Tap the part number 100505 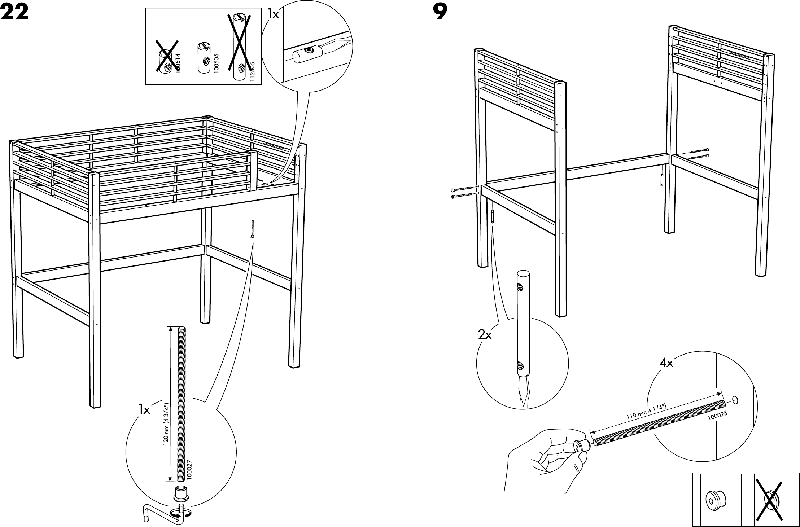[216, 64]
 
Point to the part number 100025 [717, 416]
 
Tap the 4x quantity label [666, 363]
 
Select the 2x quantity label [485, 335]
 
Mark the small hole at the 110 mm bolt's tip [735, 399]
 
